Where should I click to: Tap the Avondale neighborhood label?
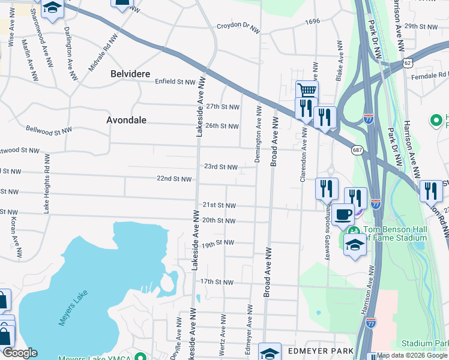tap(126, 120)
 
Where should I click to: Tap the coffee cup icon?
tap(343, 214)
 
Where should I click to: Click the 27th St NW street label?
tap(222, 107)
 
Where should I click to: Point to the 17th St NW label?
tap(216, 281)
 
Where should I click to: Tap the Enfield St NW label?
tap(175, 82)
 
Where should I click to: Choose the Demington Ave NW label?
tap(258, 133)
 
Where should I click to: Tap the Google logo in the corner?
tap(19, 353)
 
